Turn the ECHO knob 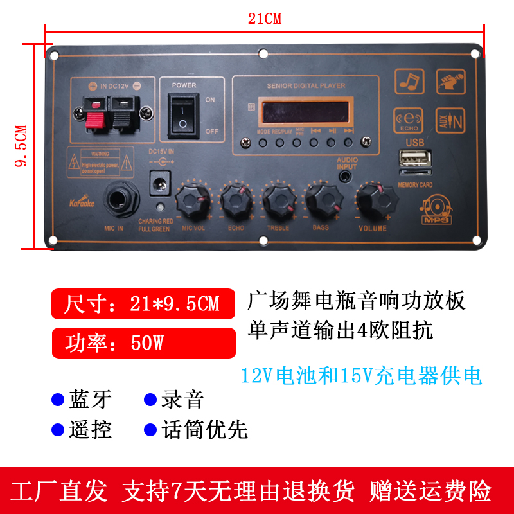[x=236, y=201]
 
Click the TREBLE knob [x=279, y=201]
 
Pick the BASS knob [x=321, y=201]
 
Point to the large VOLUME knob [x=373, y=200]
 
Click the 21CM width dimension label [x=265, y=19]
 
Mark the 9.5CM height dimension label [x=21, y=146]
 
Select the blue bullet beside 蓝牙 [x=58, y=399]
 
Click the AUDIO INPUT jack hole [x=346, y=173]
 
